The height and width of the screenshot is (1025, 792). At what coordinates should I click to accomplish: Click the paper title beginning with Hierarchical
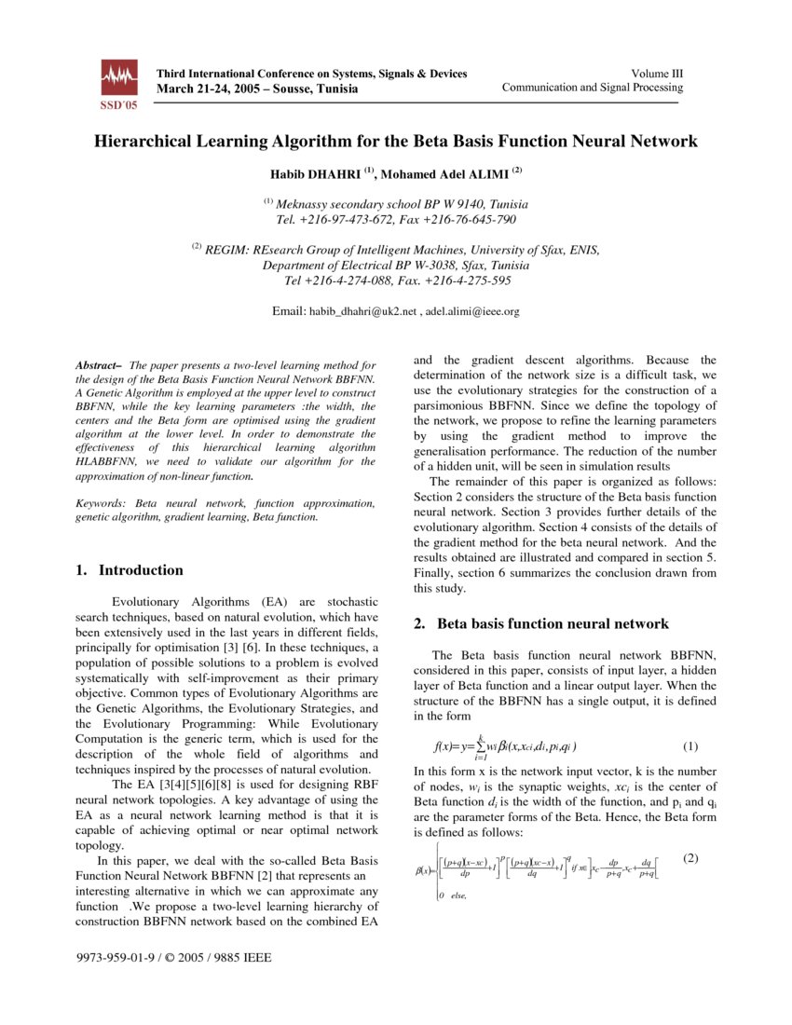395,142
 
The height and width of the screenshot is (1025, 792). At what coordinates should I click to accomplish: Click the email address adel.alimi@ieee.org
472,311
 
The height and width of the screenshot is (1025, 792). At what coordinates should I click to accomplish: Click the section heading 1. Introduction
130,570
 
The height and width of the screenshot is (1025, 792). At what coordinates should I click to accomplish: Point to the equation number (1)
690,745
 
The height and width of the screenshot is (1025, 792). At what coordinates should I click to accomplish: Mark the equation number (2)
690,857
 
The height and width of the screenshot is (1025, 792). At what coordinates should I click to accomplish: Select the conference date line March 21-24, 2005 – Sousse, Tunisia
256,89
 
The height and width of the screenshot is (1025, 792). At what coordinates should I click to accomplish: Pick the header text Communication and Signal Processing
592,88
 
